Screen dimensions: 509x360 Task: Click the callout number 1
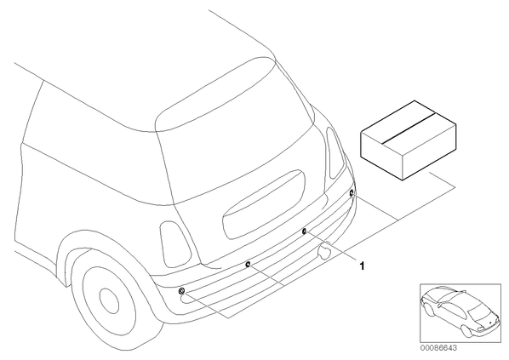pyautogui.click(x=363, y=266)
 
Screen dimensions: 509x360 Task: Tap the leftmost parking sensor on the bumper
pyautogui.click(x=182, y=290)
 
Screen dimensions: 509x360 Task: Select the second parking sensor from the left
pyautogui.click(x=248, y=264)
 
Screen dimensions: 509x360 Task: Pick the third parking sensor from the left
pyautogui.click(x=304, y=231)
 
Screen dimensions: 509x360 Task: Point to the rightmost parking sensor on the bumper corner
pyautogui.click(x=352, y=193)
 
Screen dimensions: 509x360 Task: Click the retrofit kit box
pyautogui.click(x=409, y=140)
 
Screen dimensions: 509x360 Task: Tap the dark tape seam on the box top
pyautogui.click(x=409, y=128)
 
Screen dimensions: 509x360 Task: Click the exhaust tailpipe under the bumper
pyautogui.click(x=324, y=253)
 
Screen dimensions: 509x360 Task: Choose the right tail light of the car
pyautogui.click(x=335, y=152)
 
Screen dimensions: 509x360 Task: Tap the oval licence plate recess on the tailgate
pyautogui.click(x=264, y=204)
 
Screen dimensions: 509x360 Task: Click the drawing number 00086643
pyautogui.click(x=438, y=348)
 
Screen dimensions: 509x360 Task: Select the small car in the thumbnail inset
pyautogui.click(x=460, y=310)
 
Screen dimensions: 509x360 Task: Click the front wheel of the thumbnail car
pyautogui.click(x=429, y=311)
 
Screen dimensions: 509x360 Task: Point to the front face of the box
pyautogui.click(x=381, y=155)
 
